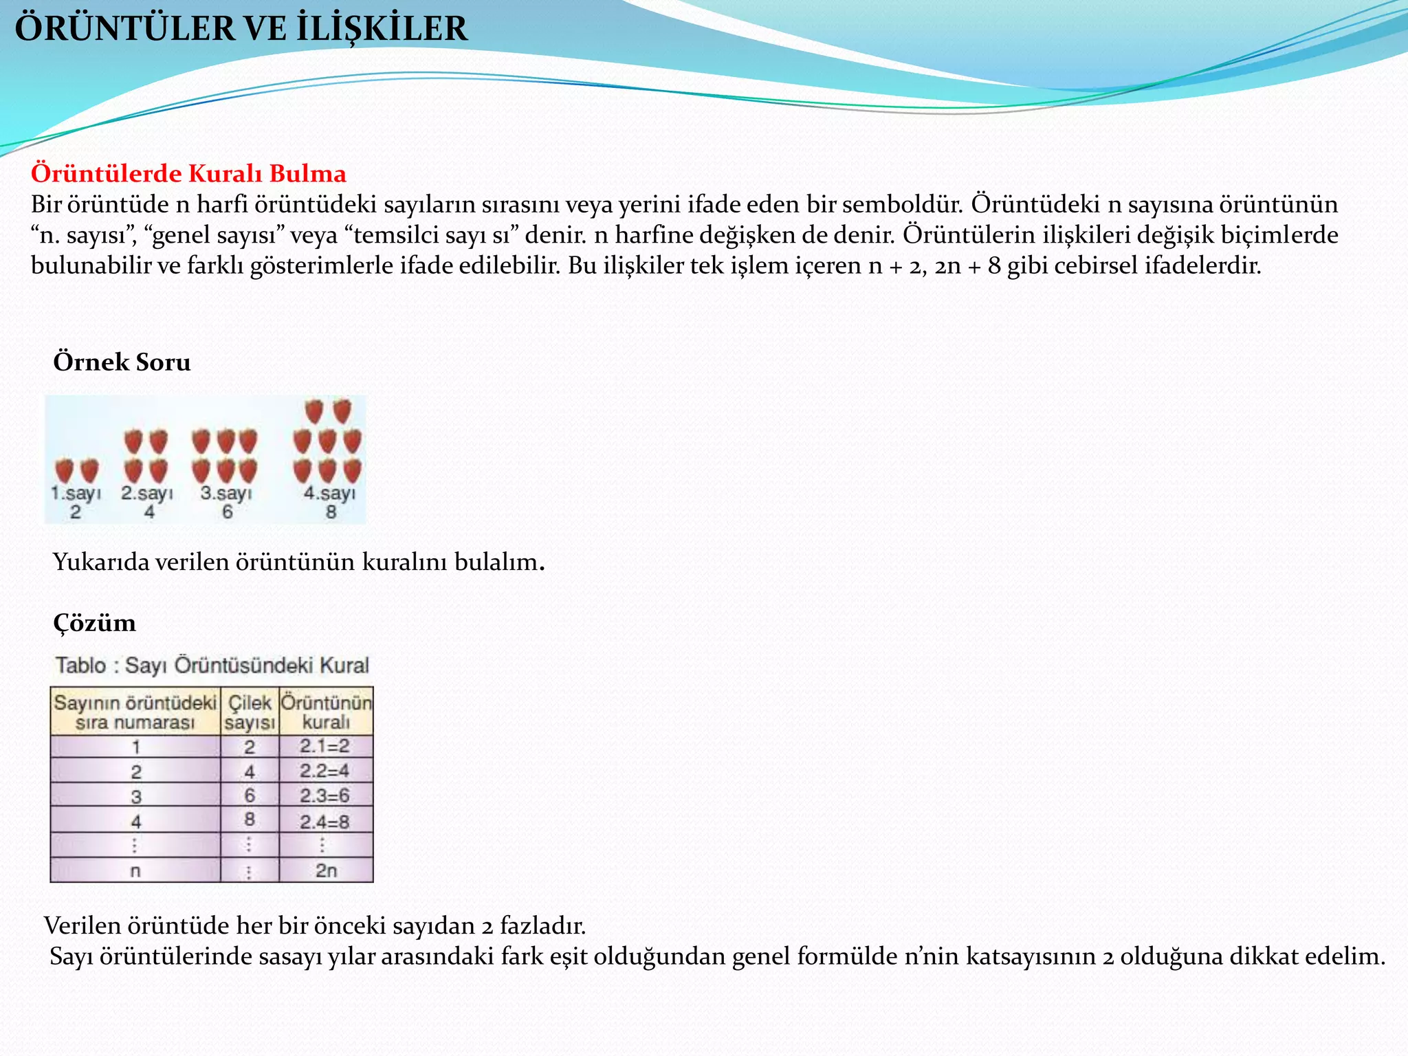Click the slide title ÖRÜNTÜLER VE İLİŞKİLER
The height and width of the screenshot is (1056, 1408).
241,29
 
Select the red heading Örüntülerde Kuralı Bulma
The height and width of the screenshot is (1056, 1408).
188,173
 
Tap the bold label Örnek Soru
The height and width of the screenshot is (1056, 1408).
122,362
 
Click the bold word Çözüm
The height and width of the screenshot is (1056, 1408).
94,623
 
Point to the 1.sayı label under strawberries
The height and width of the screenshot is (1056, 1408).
76,493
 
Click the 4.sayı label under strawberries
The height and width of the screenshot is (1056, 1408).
330,493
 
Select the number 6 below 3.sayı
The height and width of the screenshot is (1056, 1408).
227,512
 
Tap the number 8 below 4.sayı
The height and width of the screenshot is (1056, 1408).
331,512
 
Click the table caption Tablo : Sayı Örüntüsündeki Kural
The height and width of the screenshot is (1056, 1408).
212,665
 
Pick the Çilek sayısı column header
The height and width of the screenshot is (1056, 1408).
250,712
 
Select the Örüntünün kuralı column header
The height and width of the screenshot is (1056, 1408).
326,712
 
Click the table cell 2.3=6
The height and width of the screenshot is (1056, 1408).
324,795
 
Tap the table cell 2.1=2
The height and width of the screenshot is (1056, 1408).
324,746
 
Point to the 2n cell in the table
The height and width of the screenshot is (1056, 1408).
326,870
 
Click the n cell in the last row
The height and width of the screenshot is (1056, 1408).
135,870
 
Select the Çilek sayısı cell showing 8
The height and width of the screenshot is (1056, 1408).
250,819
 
